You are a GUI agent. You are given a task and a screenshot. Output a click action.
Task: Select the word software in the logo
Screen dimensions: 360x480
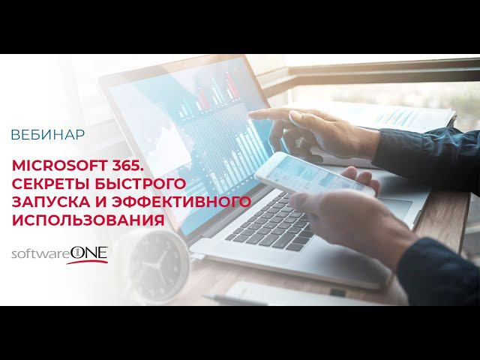tap(38, 256)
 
